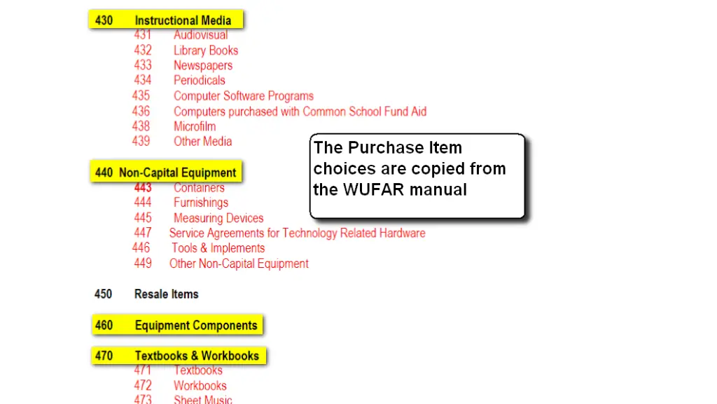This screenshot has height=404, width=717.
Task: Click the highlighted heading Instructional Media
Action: [182, 20]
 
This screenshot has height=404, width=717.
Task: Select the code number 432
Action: [143, 50]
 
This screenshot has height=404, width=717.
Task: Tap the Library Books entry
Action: [206, 50]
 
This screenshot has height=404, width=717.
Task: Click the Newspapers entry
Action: [203, 65]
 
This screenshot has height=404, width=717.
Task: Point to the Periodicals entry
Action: [200, 81]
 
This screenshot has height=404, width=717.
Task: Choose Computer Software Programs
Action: [244, 96]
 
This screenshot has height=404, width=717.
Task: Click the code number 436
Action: [141, 111]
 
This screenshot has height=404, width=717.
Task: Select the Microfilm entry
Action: [195, 126]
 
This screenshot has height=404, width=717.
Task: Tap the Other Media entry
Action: [203, 141]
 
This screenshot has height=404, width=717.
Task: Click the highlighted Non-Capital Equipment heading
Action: [177, 173]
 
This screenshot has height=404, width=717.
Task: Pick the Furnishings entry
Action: [201, 203]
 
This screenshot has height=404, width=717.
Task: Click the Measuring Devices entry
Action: [218, 218]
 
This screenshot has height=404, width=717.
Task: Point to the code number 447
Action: [143, 233]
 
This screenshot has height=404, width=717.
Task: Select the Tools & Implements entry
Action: [218, 248]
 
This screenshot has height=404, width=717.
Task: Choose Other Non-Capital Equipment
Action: [239, 264]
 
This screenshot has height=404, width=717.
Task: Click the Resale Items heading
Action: [167, 294]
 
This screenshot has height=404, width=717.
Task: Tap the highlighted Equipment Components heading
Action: [196, 325]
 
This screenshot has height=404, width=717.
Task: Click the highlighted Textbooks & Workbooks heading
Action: [197, 356]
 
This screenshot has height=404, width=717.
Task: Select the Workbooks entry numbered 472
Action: [200, 386]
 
